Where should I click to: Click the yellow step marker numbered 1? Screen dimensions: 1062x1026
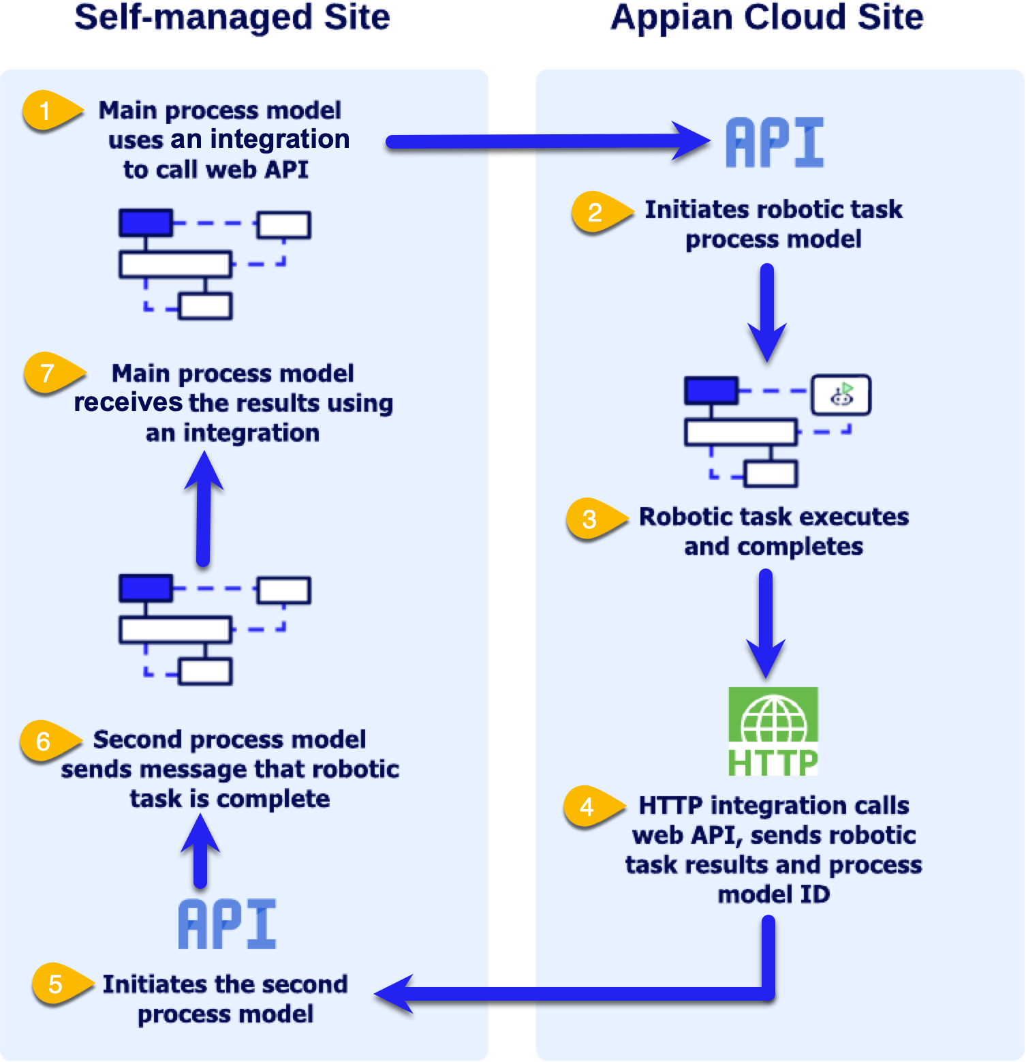(48, 110)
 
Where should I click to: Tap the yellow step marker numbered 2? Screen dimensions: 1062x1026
(597, 212)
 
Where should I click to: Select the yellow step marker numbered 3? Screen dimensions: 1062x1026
(592, 519)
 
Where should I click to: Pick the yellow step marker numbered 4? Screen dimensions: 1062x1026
(589, 806)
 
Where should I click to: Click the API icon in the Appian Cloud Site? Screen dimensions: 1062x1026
(774, 142)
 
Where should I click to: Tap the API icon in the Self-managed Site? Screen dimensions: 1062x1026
(227, 924)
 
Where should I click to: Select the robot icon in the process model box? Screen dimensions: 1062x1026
(841, 395)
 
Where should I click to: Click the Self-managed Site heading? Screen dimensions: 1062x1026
(232, 18)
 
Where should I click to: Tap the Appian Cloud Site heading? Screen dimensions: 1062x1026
(766, 18)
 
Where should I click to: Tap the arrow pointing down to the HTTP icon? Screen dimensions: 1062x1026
(766, 620)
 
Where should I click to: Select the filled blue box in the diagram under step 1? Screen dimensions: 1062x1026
(146, 223)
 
